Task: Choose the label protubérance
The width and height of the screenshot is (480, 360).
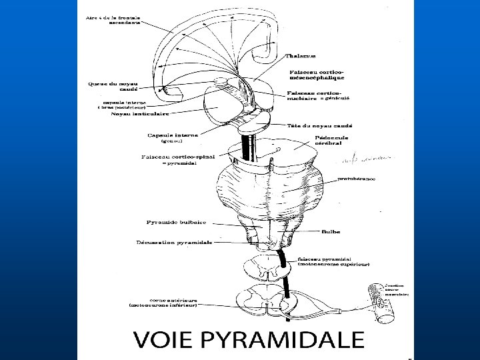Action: click(x=356, y=179)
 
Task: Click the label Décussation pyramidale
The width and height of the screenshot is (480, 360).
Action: click(x=174, y=243)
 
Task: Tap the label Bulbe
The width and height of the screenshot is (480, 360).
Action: click(x=330, y=232)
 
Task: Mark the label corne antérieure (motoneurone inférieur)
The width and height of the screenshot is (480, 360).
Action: click(x=163, y=303)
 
